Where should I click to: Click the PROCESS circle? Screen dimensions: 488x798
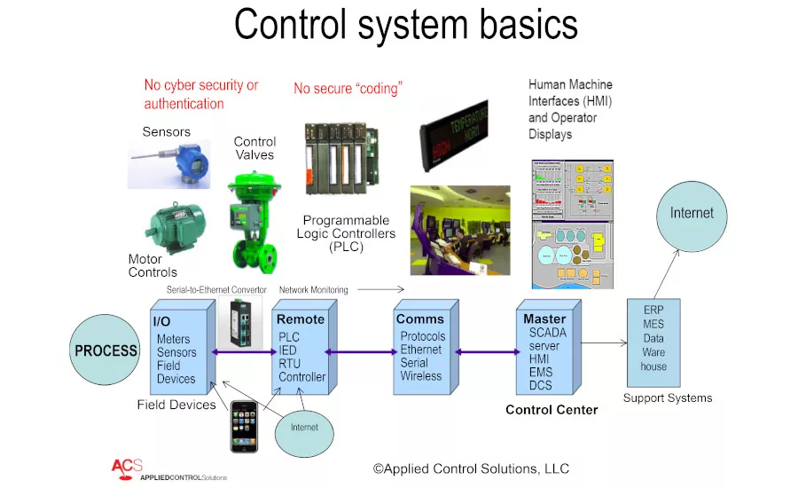point(106,350)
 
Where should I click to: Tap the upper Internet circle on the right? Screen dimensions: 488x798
point(692,214)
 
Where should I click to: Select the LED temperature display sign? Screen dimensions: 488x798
point(454,133)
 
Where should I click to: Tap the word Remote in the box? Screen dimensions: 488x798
point(301,319)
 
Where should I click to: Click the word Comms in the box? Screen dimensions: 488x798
point(420,319)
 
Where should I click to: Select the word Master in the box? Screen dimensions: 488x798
point(544,319)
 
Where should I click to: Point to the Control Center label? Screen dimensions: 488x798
point(552,410)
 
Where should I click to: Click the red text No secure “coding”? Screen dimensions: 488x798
point(348,89)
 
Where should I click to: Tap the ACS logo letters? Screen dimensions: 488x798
point(125,467)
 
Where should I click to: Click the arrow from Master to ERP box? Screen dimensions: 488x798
point(604,341)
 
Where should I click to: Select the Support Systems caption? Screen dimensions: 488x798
point(667,398)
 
